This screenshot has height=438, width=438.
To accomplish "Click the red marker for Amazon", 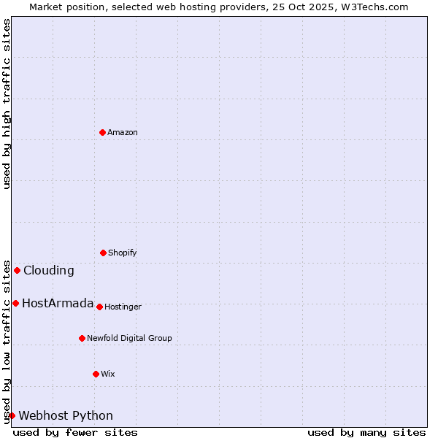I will click(102, 132).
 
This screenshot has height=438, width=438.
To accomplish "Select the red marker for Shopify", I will click(103, 253).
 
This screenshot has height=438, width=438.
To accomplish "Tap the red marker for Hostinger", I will click(99, 307).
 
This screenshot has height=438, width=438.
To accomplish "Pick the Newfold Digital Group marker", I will click(82, 338).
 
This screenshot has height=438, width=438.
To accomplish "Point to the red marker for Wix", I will click(96, 374).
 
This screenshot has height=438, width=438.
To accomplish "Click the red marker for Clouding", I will click(17, 270).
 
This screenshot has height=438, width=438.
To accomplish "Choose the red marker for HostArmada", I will click(15, 303).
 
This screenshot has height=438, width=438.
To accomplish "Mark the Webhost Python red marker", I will click(12, 415).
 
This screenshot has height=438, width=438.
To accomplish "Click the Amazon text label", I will click(123, 132).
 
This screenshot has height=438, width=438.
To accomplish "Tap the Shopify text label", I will click(123, 253).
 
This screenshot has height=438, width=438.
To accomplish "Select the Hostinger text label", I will click(123, 307).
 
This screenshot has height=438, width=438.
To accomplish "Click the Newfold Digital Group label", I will click(129, 338).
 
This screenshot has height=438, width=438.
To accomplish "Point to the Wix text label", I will click(108, 374).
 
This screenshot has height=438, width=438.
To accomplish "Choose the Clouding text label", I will click(49, 270).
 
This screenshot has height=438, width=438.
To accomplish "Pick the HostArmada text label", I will click(58, 303).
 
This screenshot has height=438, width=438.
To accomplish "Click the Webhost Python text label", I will click(66, 415).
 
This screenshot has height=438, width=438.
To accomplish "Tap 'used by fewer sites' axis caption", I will click(75, 432).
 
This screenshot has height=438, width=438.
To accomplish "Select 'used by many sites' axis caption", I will click(366, 432).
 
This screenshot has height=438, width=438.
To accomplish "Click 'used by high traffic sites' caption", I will click(7, 104).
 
